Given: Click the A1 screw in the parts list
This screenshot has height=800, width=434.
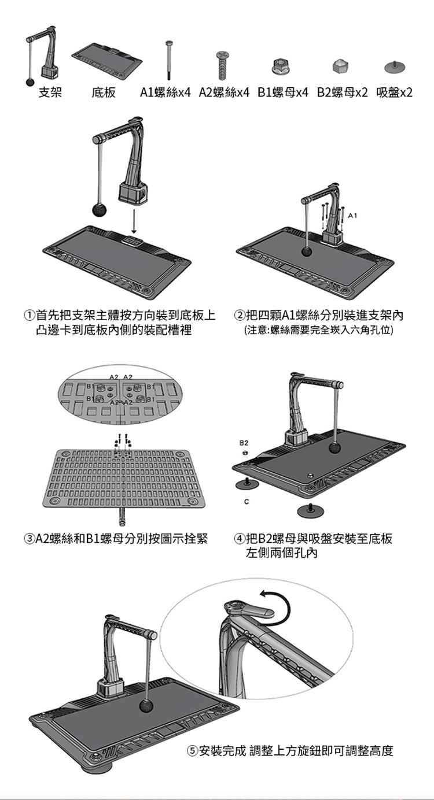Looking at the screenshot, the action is (169, 60).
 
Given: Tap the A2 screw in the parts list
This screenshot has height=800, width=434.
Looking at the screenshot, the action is (222, 65).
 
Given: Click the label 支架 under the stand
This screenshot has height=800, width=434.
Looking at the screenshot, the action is (50, 92).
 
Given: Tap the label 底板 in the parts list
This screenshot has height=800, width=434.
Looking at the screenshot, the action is (104, 92).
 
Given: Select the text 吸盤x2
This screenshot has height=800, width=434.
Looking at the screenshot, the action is (394, 92).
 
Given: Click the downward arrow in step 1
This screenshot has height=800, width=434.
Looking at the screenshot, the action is (134, 221).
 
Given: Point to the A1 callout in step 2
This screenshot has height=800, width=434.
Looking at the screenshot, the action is (352, 216).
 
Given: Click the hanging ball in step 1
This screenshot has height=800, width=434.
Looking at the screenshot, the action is (100, 210).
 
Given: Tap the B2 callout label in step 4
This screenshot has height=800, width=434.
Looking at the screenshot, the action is (244, 443).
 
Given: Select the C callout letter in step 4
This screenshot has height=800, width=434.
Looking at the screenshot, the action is (246, 502).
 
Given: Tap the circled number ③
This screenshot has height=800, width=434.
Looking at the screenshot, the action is (29, 538).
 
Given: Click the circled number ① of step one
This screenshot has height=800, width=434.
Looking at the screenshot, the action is (29, 316).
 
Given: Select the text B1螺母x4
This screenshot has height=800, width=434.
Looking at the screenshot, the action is (282, 92).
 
